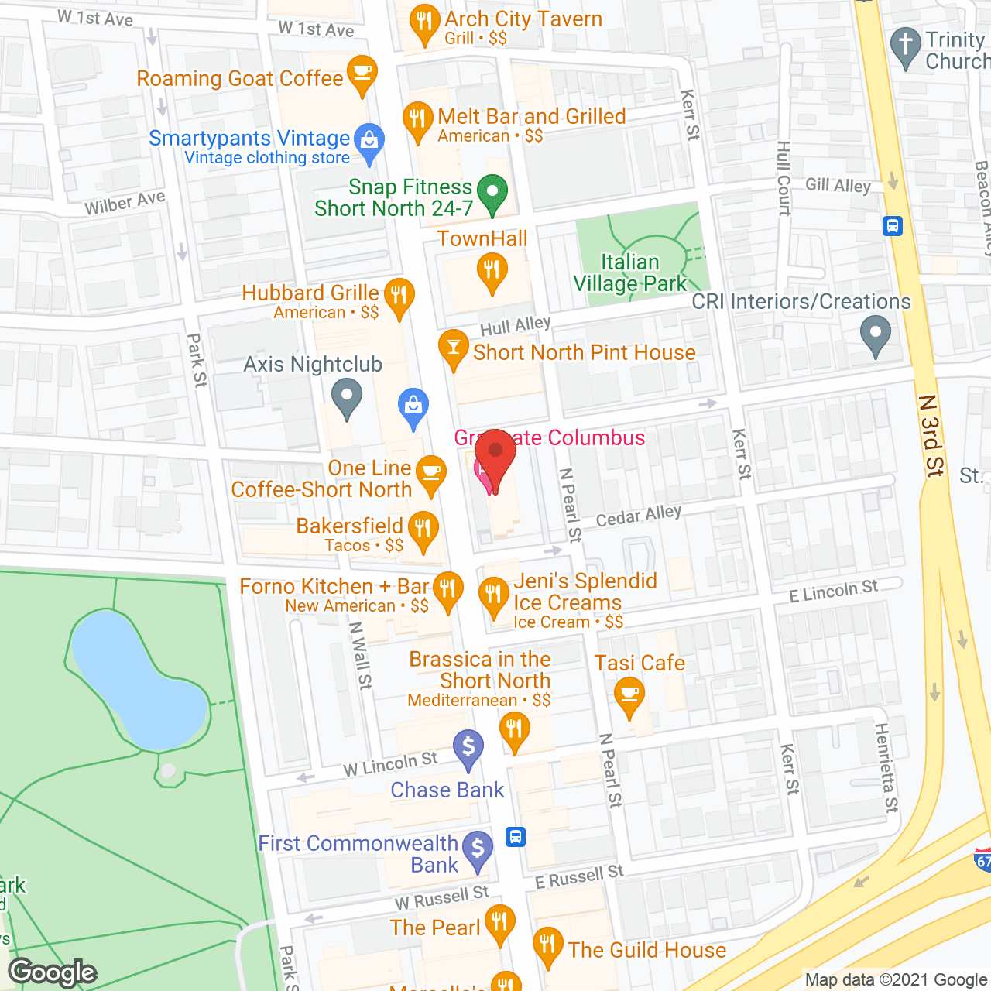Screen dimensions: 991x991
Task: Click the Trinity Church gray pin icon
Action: (x=905, y=46)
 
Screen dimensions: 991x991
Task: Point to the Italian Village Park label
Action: (x=630, y=273)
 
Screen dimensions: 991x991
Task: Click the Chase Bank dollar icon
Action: (x=468, y=749)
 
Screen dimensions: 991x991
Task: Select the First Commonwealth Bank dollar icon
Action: (x=478, y=849)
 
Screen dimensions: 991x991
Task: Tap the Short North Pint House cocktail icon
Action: (x=454, y=348)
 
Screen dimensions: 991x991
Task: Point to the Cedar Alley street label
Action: (x=638, y=516)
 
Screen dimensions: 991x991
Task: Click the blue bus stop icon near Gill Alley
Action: (x=893, y=226)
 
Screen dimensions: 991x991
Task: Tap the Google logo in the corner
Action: (x=53, y=972)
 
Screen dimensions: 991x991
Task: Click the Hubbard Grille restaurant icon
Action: (x=399, y=297)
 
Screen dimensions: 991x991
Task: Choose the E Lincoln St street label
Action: (x=833, y=591)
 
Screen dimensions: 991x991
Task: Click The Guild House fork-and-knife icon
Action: (x=548, y=945)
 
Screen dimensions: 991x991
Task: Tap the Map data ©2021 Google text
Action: (x=896, y=980)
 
